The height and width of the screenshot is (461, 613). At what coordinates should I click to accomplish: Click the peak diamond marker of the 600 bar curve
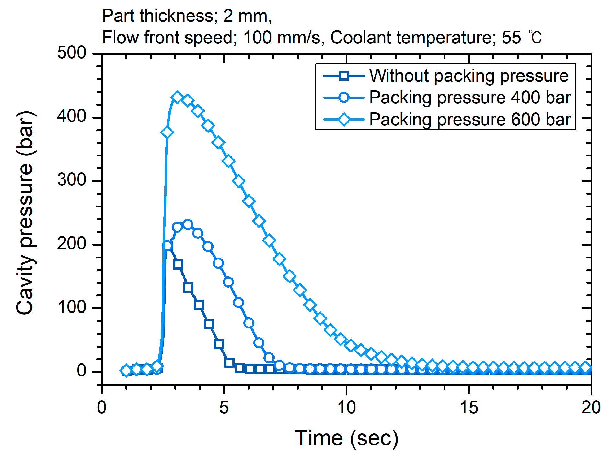pyautogui.click(x=177, y=97)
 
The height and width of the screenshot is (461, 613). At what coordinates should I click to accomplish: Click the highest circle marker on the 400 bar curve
pyautogui.click(x=188, y=225)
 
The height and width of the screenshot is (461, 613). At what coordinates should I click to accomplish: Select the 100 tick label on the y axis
pyautogui.click(x=72, y=307)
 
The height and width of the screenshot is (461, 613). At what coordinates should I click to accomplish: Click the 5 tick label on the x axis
pyautogui.click(x=224, y=408)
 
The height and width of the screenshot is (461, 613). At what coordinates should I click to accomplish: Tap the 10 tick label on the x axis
pyautogui.click(x=346, y=408)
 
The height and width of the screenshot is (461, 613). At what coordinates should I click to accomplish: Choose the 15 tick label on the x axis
pyautogui.click(x=469, y=408)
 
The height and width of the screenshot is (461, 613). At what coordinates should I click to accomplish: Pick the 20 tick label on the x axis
pyautogui.click(x=591, y=408)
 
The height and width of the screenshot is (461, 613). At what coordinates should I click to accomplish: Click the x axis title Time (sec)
pyautogui.click(x=346, y=438)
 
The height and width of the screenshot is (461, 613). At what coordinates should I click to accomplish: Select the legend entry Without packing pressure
pyautogui.click(x=468, y=76)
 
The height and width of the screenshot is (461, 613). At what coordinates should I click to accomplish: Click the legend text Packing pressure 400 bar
pyautogui.click(x=470, y=98)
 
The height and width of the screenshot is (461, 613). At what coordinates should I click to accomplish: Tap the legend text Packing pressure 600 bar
pyautogui.click(x=470, y=120)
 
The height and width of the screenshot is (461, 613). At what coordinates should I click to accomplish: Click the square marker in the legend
pyautogui.click(x=344, y=76)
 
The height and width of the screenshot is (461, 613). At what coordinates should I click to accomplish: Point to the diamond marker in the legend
pyautogui.click(x=344, y=120)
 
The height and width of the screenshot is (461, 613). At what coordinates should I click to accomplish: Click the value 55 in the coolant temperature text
pyautogui.click(x=511, y=38)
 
